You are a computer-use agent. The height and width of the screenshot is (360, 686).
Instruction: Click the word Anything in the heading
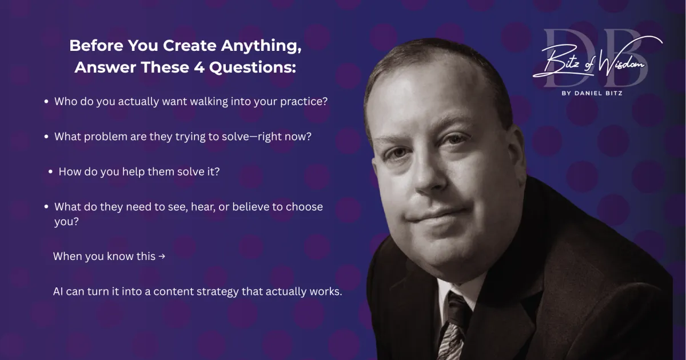pos(261,46)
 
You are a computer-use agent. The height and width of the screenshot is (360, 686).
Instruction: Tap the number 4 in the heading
pos(199,67)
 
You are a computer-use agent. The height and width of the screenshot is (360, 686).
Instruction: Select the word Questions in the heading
pos(253,67)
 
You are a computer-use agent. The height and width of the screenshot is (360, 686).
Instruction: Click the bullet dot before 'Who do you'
pos(46,101)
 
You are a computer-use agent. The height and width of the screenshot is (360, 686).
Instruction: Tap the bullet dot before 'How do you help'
pos(50,172)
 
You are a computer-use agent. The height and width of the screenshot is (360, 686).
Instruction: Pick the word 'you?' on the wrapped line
pos(66,222)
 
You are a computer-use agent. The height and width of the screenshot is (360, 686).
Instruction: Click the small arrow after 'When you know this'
pos(162,256)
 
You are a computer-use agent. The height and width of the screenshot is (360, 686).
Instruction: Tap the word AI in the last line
pos(58,291)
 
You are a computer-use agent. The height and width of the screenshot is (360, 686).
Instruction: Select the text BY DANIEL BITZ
pos(592,93)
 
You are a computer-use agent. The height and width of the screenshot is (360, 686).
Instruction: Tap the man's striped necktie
pos(454,327)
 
